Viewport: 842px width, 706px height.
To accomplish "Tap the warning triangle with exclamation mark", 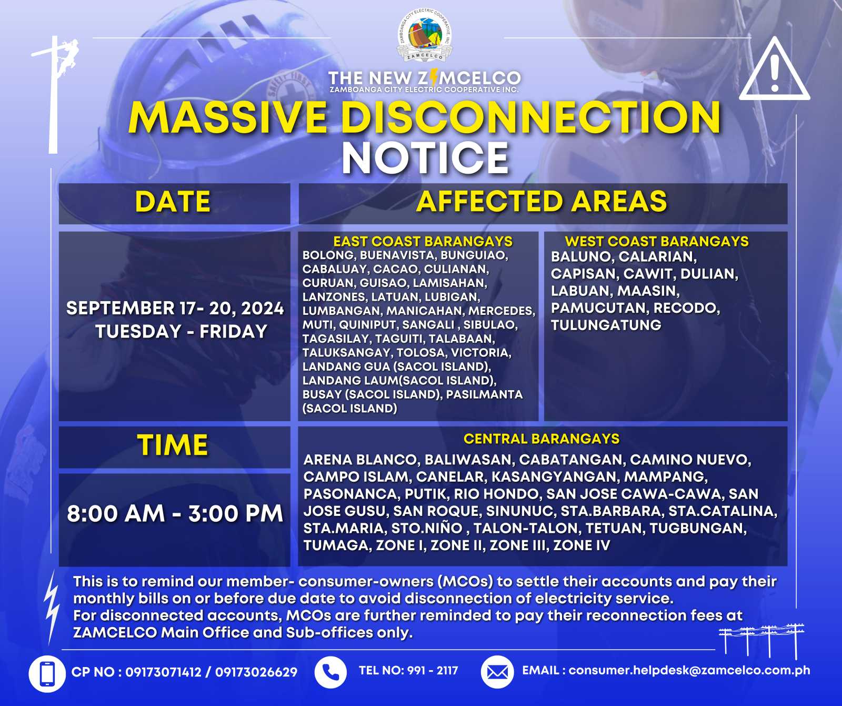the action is click(774, 69).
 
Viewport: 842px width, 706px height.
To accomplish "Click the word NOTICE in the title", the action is click(425, 158).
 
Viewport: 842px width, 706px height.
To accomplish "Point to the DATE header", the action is click(173, 202).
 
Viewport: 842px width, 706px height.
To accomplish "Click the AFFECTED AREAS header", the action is click(542, 202).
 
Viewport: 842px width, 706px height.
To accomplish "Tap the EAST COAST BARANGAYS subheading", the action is click(423, 241).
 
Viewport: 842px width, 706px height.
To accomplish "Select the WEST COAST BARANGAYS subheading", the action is click(657, 241).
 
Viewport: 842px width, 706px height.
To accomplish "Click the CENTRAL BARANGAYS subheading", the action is click(542, 439).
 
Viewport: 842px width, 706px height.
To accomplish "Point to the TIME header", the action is click(173, 445).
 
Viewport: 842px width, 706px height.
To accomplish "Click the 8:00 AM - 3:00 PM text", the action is click(175, 513).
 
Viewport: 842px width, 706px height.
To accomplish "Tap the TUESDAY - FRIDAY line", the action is click(181, 332).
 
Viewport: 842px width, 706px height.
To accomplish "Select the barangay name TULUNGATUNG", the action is click(606, 325).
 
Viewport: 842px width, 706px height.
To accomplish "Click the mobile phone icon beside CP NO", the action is click(47, 673).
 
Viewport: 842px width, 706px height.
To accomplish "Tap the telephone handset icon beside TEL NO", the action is click(330, 672).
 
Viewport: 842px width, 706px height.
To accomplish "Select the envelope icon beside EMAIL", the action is click(497, 672).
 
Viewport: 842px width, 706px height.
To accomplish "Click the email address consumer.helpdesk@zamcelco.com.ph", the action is click(689, 671).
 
